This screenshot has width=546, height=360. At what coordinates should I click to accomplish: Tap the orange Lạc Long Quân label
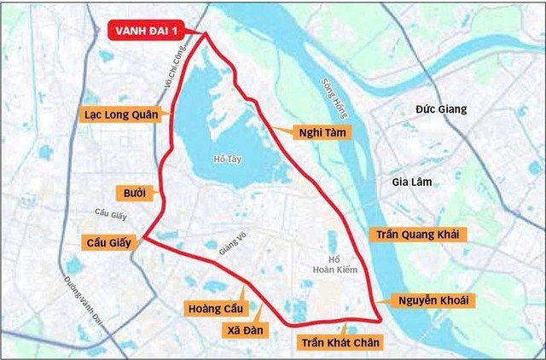click(x=120, y=113)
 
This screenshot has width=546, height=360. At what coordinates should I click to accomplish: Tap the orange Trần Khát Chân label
click(x=340, y=342)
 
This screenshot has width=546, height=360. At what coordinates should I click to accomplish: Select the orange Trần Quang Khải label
click(x=418, y=234)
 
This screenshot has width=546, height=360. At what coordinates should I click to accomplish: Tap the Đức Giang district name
click(x=441, y=110)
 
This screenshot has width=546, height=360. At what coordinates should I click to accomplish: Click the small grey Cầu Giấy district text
click(x=111, y=213)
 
